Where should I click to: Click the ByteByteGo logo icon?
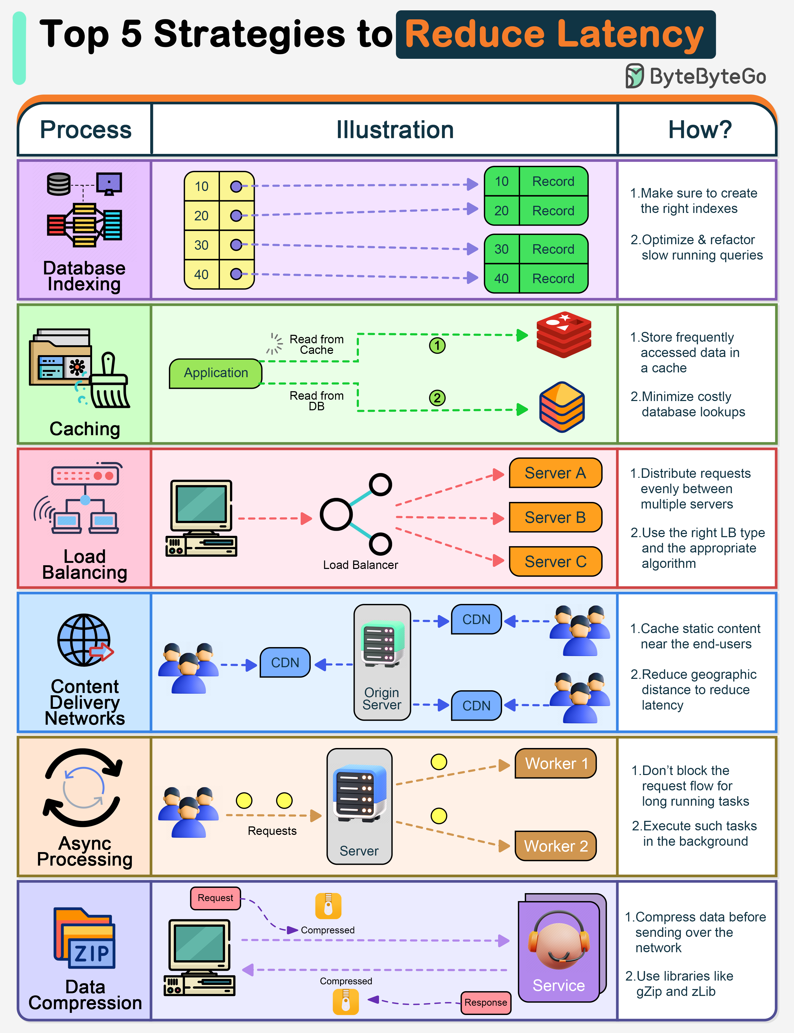(x=635, y=76)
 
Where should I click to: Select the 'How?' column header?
(x=700, y=130)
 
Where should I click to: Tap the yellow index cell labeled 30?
(x=201, y=245)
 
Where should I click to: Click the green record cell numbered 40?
(x=502, y=279)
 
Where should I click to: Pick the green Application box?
(x=215, y=373)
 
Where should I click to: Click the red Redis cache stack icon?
(x=564, y=334)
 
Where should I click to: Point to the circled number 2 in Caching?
(x=437, y=398)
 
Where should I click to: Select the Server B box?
(x=555, y=518)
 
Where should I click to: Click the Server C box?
(x=555, y=562)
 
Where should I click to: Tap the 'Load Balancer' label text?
(x=360, y=565)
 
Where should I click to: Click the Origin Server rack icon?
(x=383, y=644)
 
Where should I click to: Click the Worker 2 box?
(x=556, y=846)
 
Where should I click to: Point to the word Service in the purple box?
(x=559, y=986)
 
